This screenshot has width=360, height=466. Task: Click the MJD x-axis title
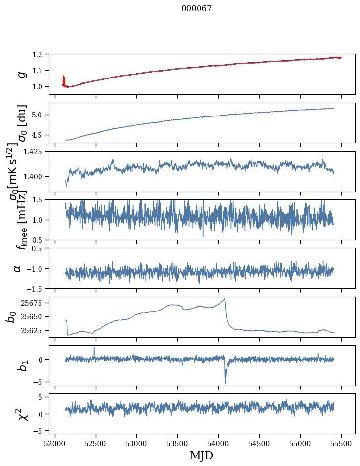(202, 456)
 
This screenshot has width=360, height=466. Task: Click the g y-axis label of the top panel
(21, 75)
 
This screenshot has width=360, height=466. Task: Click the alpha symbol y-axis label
(18, 268)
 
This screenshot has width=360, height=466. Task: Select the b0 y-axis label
(11, 317)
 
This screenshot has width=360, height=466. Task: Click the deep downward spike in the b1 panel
(225, 383)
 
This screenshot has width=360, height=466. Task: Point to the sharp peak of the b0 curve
(225, 299)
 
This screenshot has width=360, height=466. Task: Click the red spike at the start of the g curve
(64, 79)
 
